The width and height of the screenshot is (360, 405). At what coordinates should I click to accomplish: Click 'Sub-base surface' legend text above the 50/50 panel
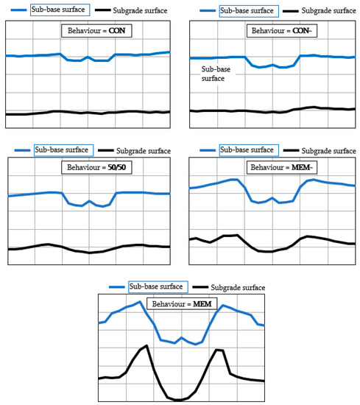(61, 150)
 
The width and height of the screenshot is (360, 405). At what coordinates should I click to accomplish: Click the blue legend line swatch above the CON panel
(15, 11)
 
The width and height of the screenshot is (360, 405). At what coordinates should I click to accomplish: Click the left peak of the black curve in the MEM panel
(148, 345)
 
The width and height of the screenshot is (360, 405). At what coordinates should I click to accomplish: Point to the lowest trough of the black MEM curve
(177, 400)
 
